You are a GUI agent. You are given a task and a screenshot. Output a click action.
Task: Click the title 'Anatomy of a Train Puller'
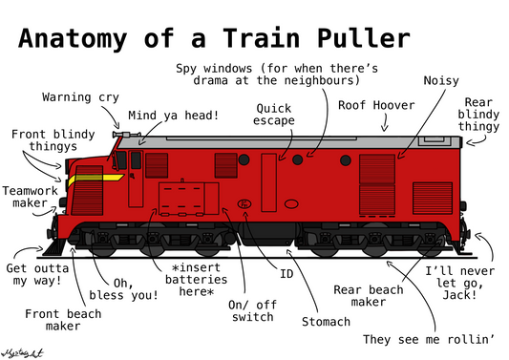point(213,39)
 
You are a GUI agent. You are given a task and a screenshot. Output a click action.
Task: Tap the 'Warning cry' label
point(79,97)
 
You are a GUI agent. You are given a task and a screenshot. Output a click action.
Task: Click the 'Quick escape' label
point(273,115)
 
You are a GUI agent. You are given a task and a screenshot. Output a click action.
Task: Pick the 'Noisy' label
point(440,80)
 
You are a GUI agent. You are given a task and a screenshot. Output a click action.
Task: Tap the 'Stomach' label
point(326,322)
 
